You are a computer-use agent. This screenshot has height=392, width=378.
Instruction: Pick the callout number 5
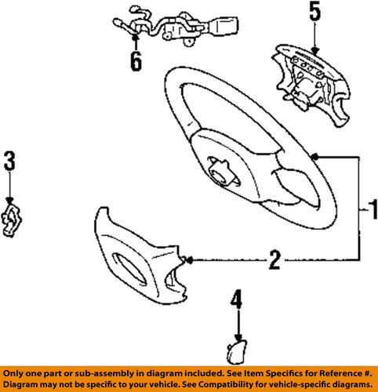pyautogui.click(x=314, y=12)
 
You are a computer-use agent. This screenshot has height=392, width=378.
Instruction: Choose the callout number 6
pyautogui.click(x=136, y=61)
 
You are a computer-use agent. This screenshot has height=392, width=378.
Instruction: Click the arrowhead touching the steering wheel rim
pyautogui.click(x=314, y=157)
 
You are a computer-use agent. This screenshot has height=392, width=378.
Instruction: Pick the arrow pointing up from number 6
pyautogui.click(x=136, y=39)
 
